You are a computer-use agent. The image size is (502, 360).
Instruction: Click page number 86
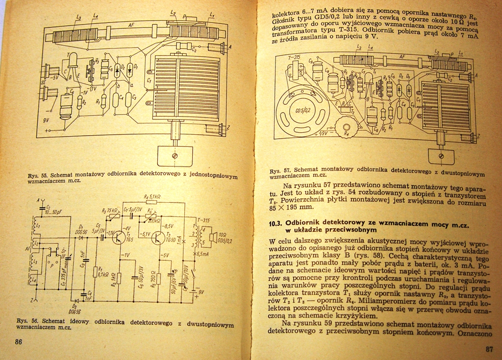(x=18, y=342)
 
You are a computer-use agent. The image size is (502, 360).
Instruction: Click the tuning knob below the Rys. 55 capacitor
(x=175, y=155)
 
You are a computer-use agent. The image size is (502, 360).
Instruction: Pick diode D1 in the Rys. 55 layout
(x=129, y=70)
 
